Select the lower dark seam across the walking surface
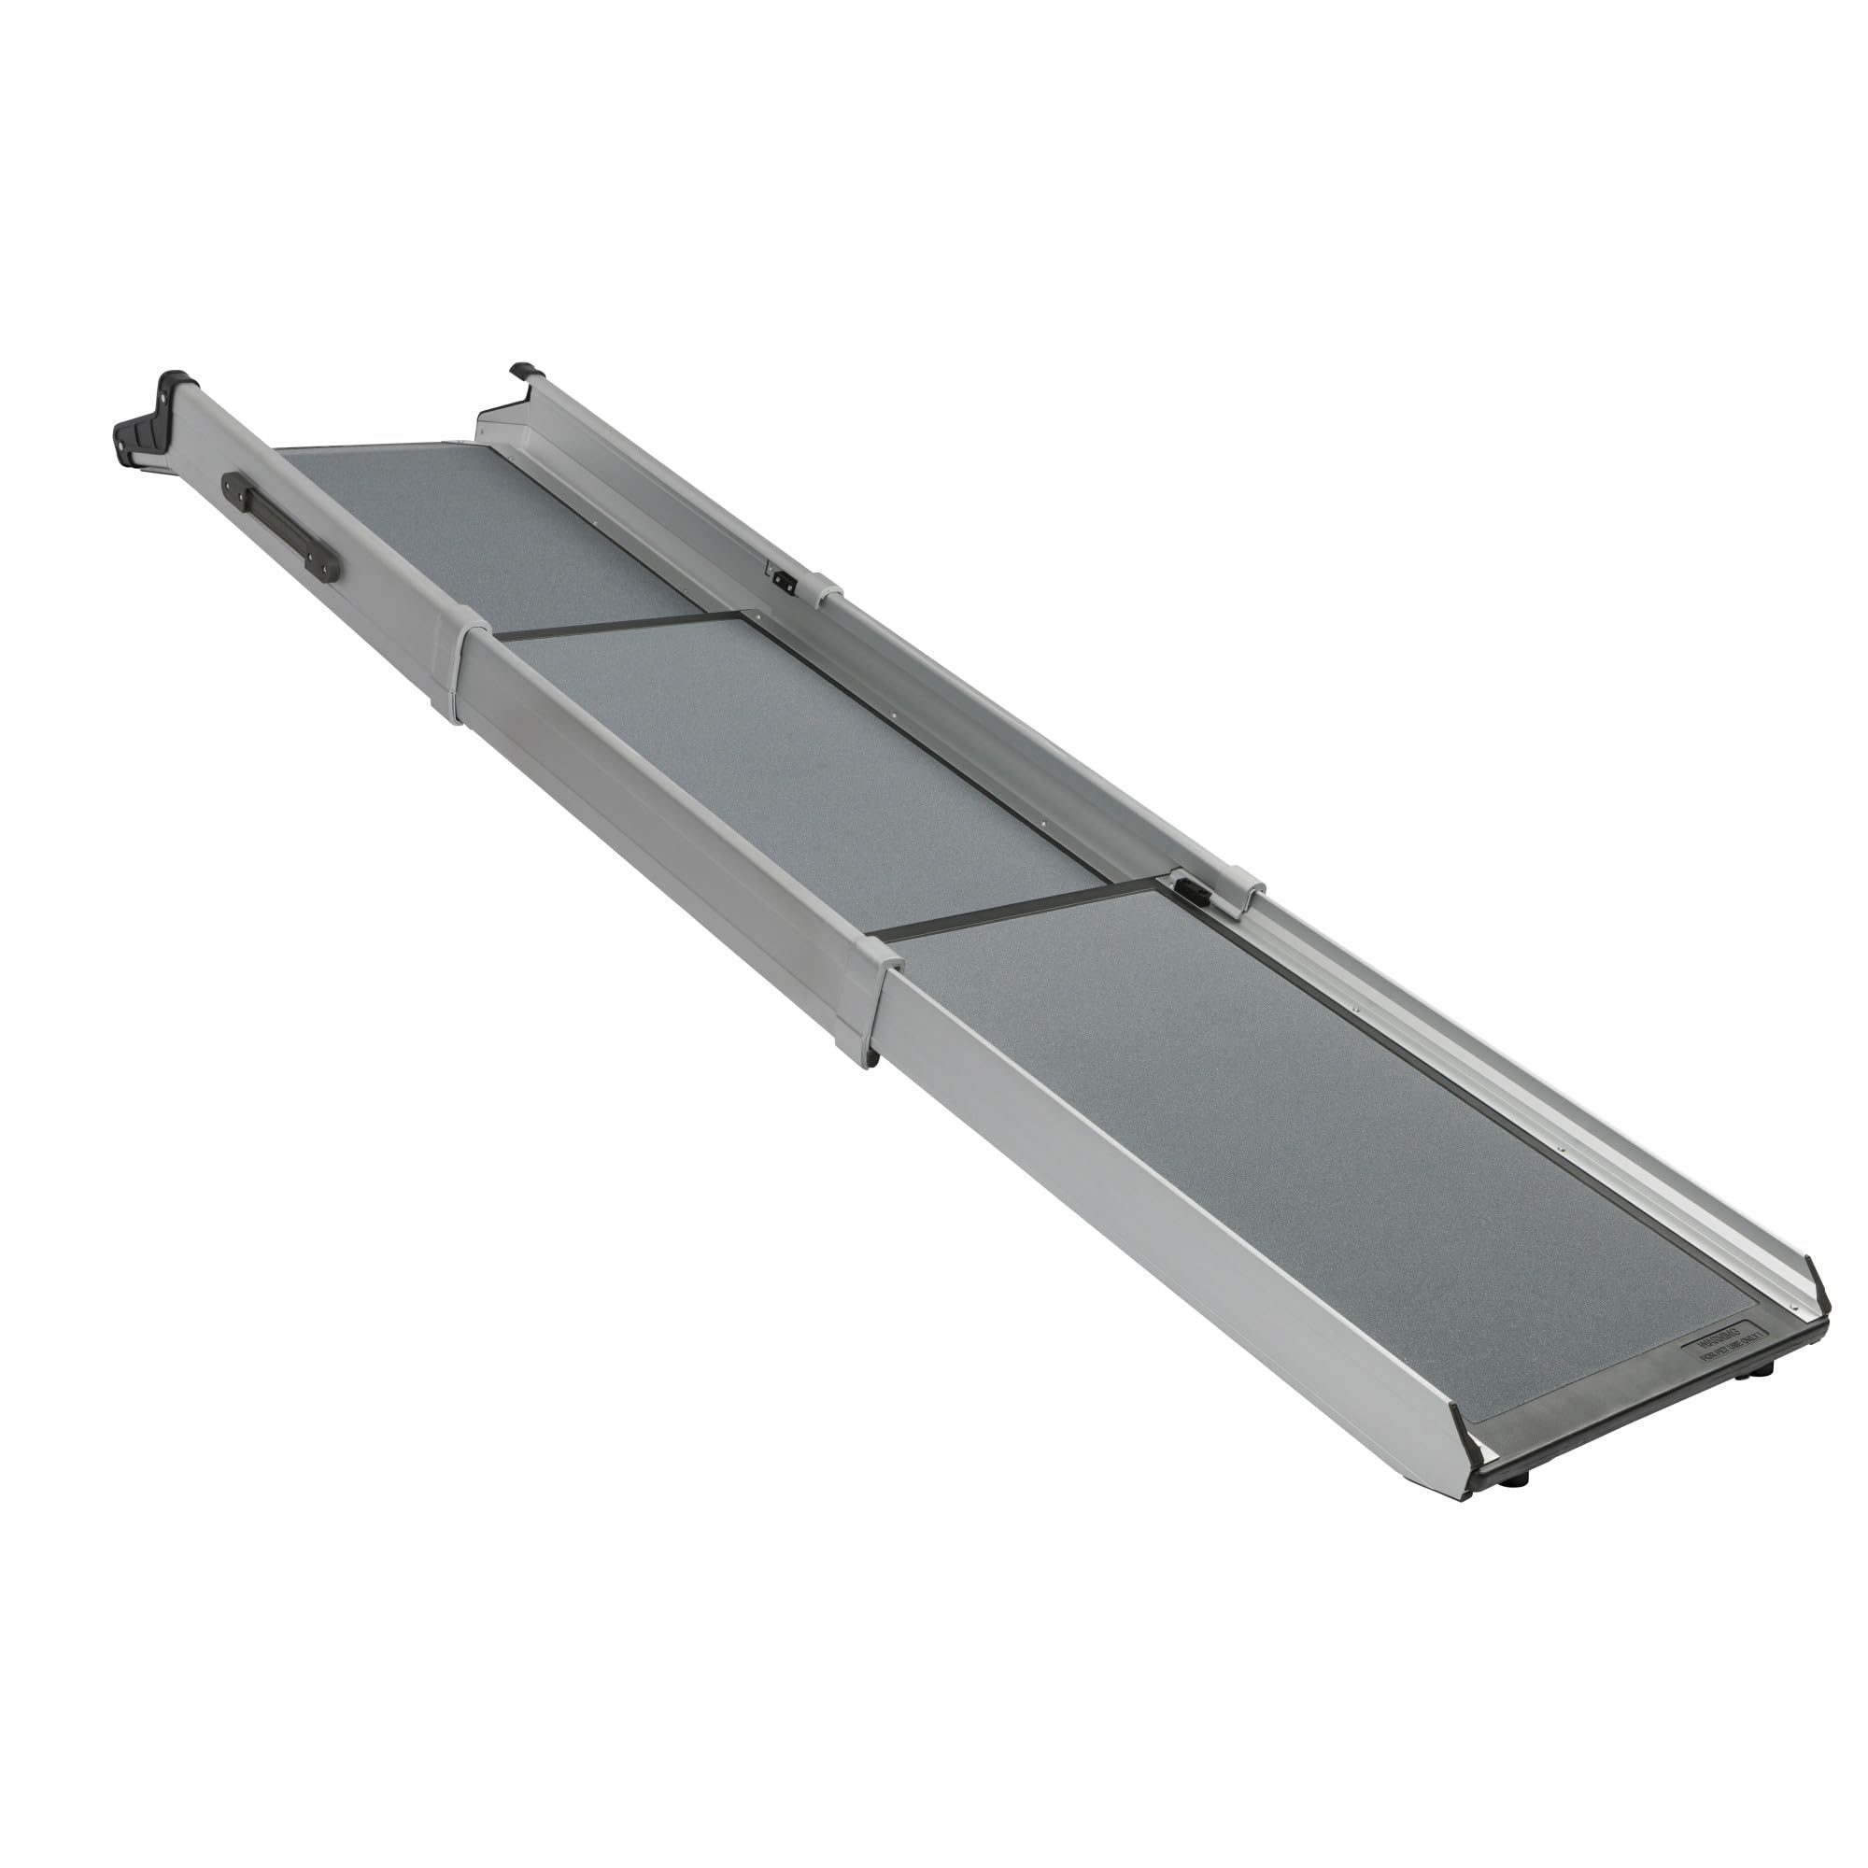(1015, 908)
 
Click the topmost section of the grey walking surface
(484, 522)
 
